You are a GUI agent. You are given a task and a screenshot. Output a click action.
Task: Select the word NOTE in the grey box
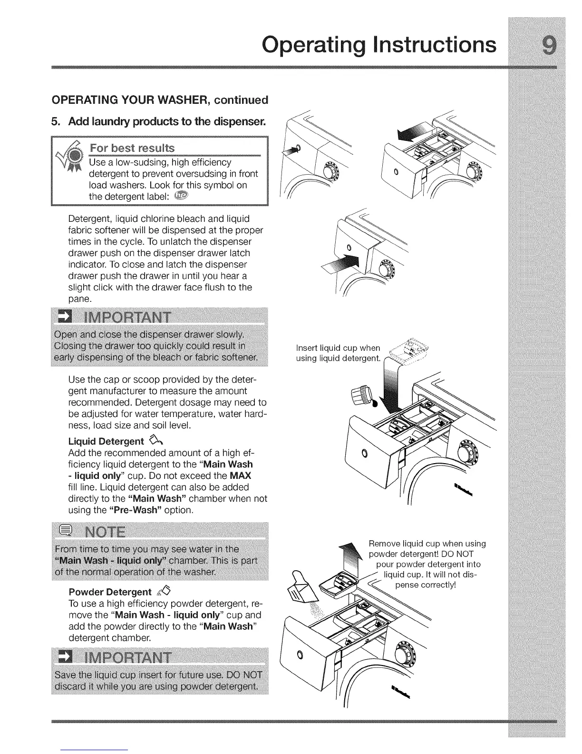click(x=106, y=531)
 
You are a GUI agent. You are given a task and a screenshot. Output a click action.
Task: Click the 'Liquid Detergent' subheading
click(x=106, y=441)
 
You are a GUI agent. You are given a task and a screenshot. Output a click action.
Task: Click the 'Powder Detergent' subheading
click(x=110, y=592)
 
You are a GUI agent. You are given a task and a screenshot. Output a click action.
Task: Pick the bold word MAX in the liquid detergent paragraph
click(x=240, y=476)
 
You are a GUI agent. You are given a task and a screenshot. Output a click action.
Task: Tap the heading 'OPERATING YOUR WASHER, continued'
click(x=160, y=99)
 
